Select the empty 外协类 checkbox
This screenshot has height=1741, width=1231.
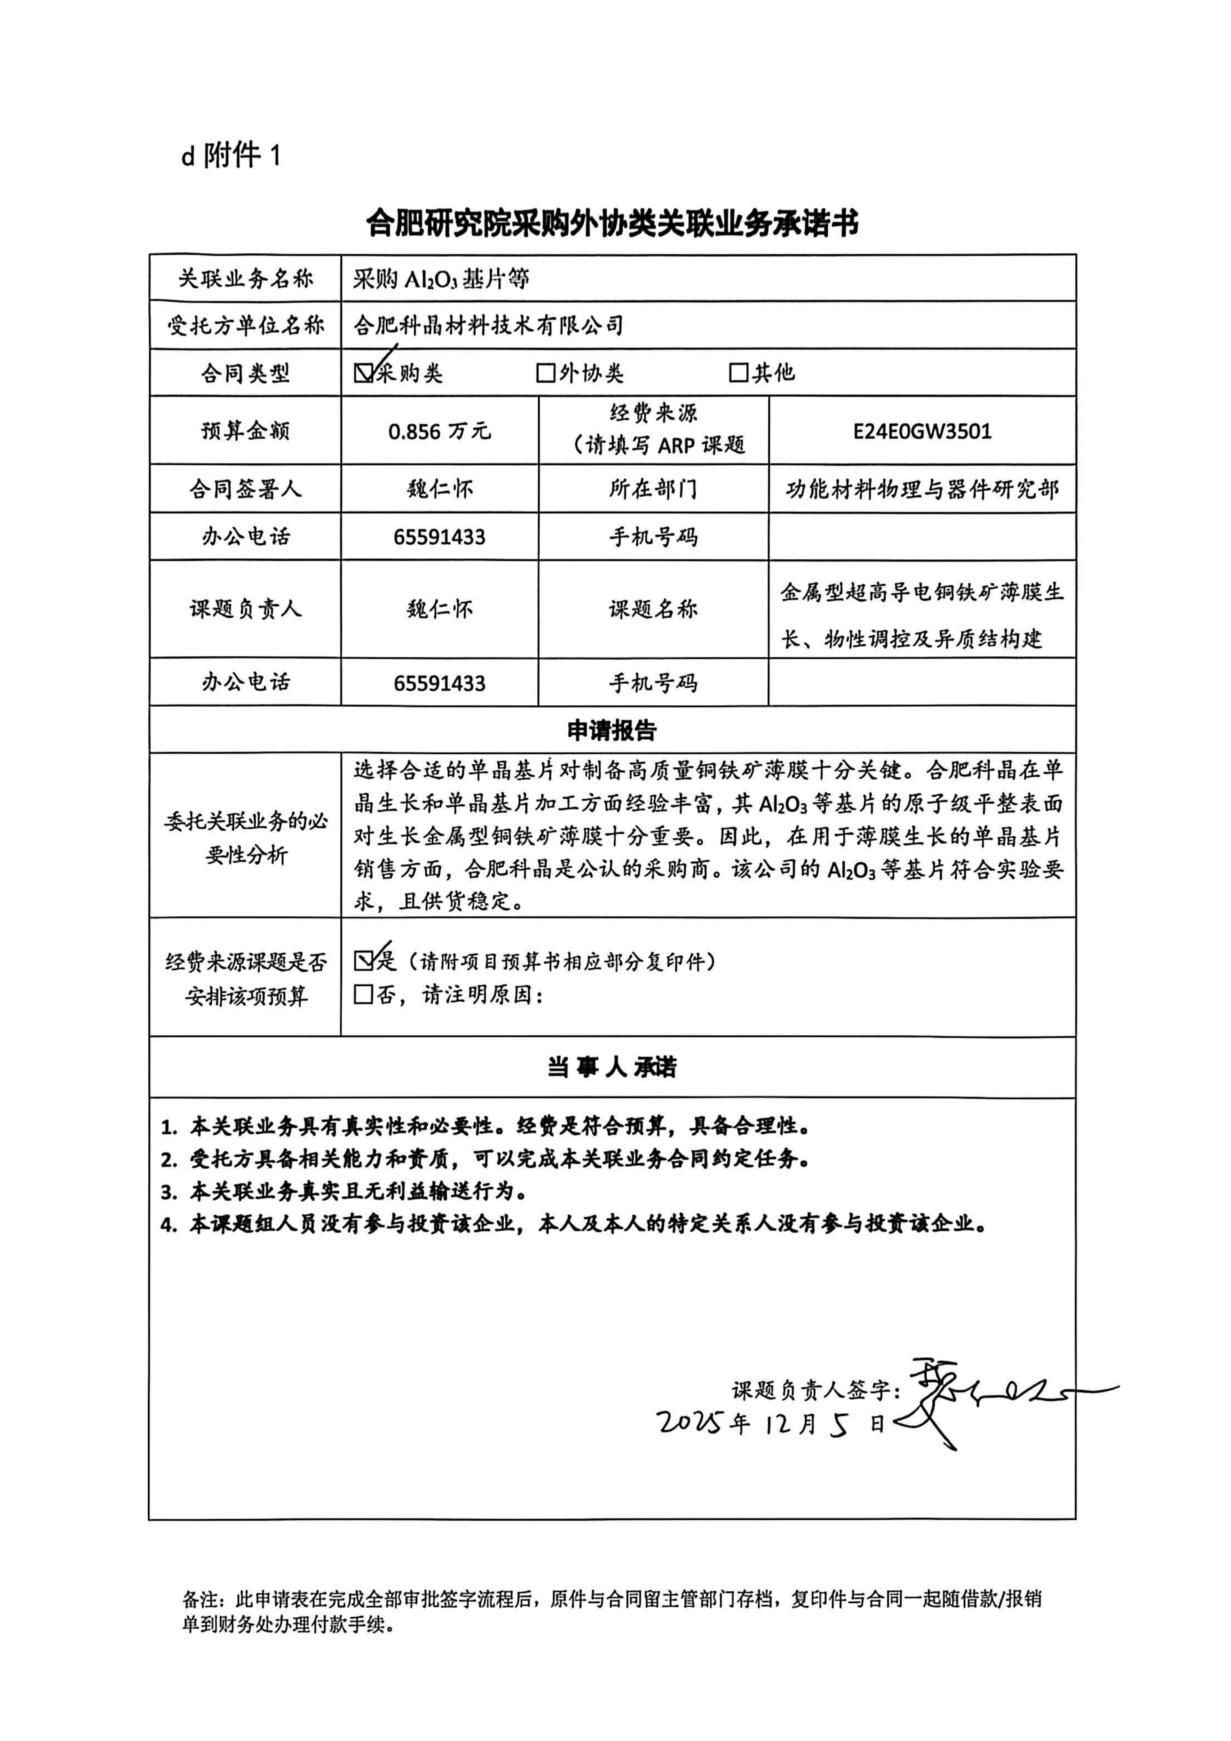pyautogui.click(x=545, y=373)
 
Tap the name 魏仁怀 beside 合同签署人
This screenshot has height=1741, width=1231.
pyautogui.click(x=440, y=489)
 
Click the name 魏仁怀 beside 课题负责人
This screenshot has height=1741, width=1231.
pyautogui.click(x=440, y=609)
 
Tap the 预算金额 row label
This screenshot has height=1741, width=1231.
pyautogui.click(x=245, y=431)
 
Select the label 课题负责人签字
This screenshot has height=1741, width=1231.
pyautogui.click(x=815, y=1390)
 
